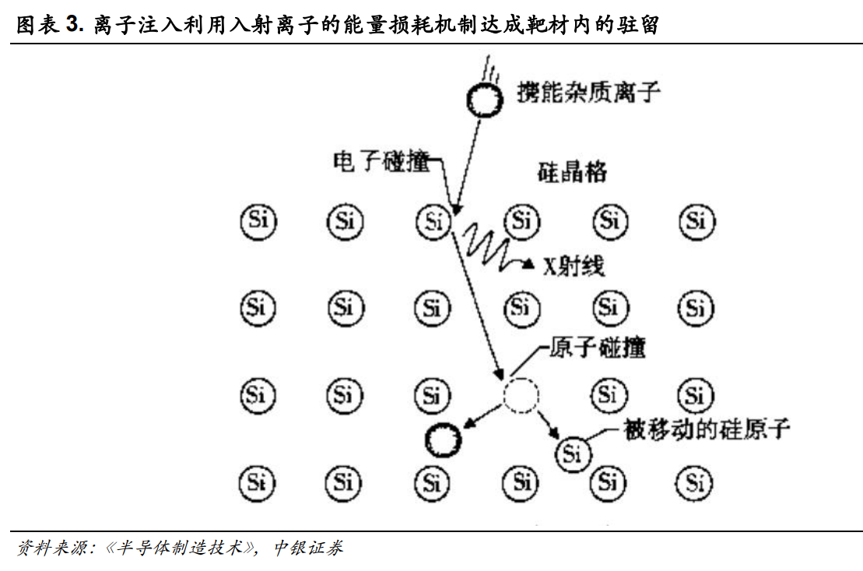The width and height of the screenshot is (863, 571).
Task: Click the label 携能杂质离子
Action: (588, 93)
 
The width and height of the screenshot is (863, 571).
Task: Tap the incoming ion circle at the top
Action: (485, 99)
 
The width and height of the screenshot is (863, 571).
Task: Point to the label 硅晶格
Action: (573, 172)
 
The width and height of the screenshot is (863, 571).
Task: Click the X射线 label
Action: (574, 265)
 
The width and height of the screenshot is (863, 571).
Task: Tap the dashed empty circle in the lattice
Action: (521, 395)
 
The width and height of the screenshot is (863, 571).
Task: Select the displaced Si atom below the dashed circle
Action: (573, 452)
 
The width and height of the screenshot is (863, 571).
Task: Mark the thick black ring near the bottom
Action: (444, 440)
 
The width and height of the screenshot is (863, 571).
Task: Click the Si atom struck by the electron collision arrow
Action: (434, 222)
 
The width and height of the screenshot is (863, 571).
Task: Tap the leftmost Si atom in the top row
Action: (258, 222)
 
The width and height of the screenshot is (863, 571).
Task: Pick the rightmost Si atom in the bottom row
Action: (696, 482)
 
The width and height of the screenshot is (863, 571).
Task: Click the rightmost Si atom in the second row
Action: (696, 308)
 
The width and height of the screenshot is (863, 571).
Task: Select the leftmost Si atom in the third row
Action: (258, 395)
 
